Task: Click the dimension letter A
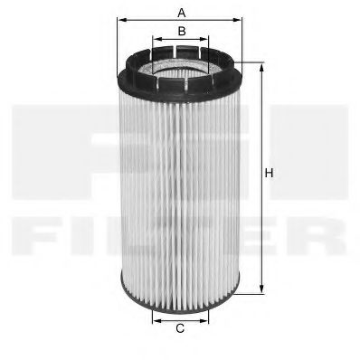point(181,13)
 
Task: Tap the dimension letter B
point(181,32)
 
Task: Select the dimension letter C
point(180,328)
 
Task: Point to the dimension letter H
point(269,172)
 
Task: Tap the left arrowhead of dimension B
point(155,41)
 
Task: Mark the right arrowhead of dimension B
point(206,41)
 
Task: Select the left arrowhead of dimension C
point(153,318)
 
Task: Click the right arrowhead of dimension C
point(207,318)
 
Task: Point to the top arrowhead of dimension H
point(261,66)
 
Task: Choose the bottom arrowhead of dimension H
point(261,289)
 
